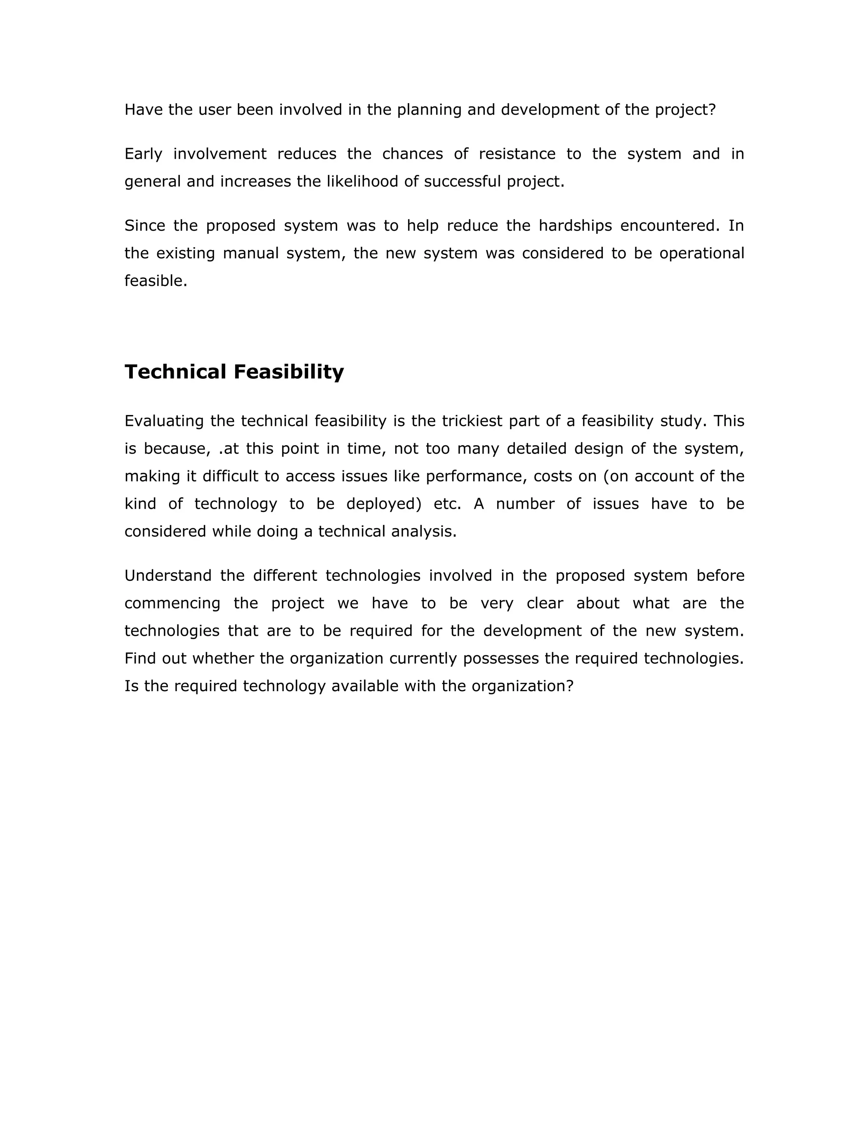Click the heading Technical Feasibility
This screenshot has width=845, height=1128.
coord(234,372)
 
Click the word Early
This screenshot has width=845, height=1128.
coord(143,154)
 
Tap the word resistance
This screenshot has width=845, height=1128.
coord(517,154)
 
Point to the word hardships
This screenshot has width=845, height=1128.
coord(575,225)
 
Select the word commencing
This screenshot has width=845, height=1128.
coord(172,603)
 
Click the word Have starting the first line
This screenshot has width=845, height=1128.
coord(143,110)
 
